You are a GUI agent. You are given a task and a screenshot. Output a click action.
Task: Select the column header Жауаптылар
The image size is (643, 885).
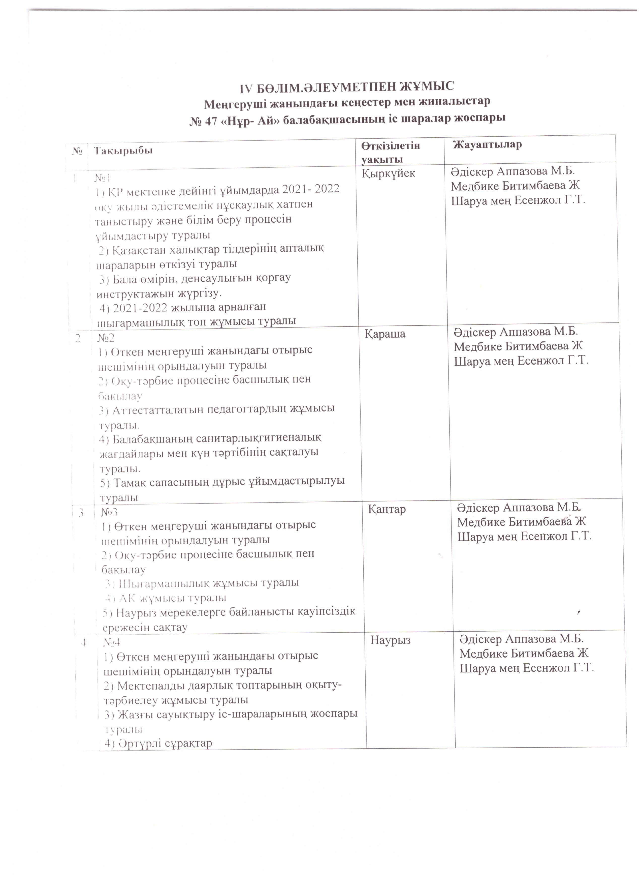(488, 145)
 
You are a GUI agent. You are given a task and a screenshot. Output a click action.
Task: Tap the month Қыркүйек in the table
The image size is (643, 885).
(389, 174)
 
